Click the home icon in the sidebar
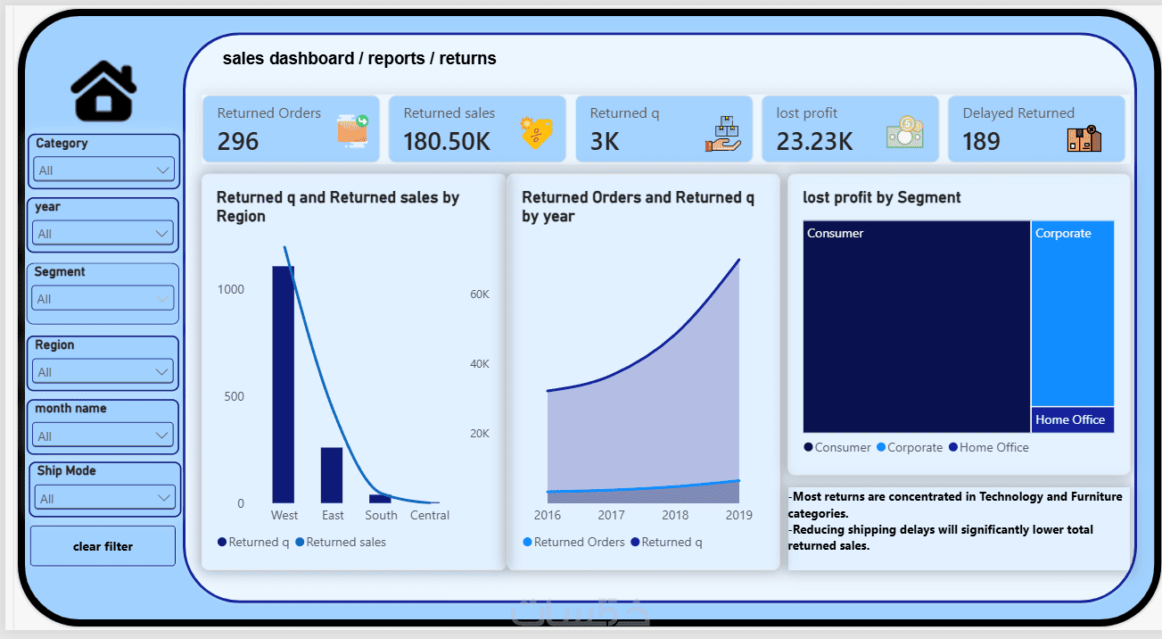(x=103, y=91)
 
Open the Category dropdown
(x=103, y=170)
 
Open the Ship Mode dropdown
(x=105, y=498)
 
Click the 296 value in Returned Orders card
(x=237, y=141)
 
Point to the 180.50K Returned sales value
(x=447, y=141)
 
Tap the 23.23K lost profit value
(x=814, y=141)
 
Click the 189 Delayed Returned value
(x=981, y=141)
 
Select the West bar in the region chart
(x=284, y=385)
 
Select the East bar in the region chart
(x=332, y=475)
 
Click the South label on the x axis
(x=381, y=515)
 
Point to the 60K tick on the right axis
(x=479, y=295)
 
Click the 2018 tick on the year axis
(x=675, y=515)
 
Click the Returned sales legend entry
(x=341, y=542)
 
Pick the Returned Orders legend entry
(x=573, y=542)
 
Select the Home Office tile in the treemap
(x=1072, y=420)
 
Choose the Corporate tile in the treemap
(x=1072, y=313)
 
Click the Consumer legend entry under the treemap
(x=837, y=447)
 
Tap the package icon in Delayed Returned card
(x=1084, y=138)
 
